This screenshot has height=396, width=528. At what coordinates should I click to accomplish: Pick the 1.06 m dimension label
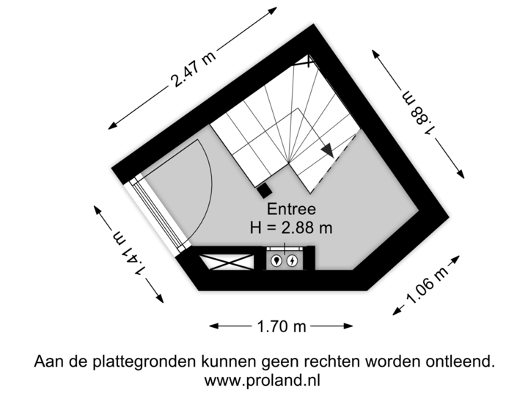click(426, 287)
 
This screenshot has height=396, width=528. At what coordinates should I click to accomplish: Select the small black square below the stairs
click(262, 190)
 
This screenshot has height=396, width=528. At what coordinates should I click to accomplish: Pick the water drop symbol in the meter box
click(276, 260)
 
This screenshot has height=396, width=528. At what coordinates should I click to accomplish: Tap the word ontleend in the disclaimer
click(461, 362)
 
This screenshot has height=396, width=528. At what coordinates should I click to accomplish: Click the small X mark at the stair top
click(311, 61)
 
